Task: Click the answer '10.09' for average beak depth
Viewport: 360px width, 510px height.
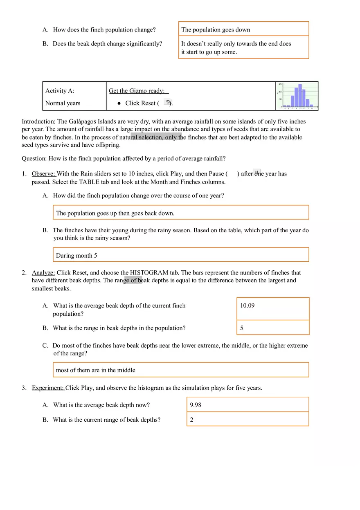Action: click(247, 306)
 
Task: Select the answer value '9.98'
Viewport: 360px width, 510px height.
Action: click(196, 405)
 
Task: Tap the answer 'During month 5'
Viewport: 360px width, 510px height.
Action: click(76, 256)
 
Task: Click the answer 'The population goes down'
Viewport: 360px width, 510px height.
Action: click(216, 30)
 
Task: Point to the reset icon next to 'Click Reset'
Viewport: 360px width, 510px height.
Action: click(167, 102)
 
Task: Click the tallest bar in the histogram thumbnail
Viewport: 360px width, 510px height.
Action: click(300, 95)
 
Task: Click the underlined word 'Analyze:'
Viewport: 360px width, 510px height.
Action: click(43, 273)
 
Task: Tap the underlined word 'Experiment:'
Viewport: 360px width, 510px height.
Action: click(48, 388)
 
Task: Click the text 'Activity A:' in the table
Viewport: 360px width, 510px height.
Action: click(60, 91)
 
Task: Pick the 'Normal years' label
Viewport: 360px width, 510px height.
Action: click(63, 103)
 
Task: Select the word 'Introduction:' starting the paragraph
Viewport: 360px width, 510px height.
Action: click(38, 121)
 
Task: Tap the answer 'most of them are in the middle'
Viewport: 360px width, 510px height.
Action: click(95, 370)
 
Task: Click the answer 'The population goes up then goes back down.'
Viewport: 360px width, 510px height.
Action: click(115, 213)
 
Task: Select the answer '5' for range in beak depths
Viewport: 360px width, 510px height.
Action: click(242, 328)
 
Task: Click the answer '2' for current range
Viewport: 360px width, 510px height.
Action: click(191, 420)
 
